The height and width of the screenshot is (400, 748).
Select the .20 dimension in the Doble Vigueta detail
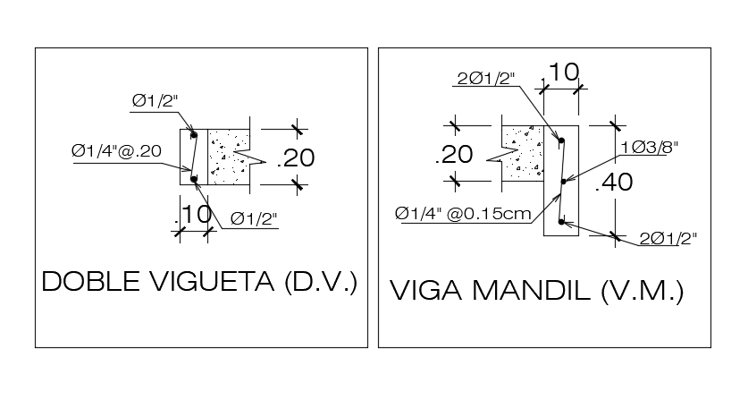(x=295, y=158)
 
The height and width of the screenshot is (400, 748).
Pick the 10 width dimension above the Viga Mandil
(x=561, y=72)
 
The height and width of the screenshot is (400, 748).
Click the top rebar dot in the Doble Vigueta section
(x=194, y=135)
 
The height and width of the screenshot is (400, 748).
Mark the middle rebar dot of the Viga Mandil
(x=563, y=182)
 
